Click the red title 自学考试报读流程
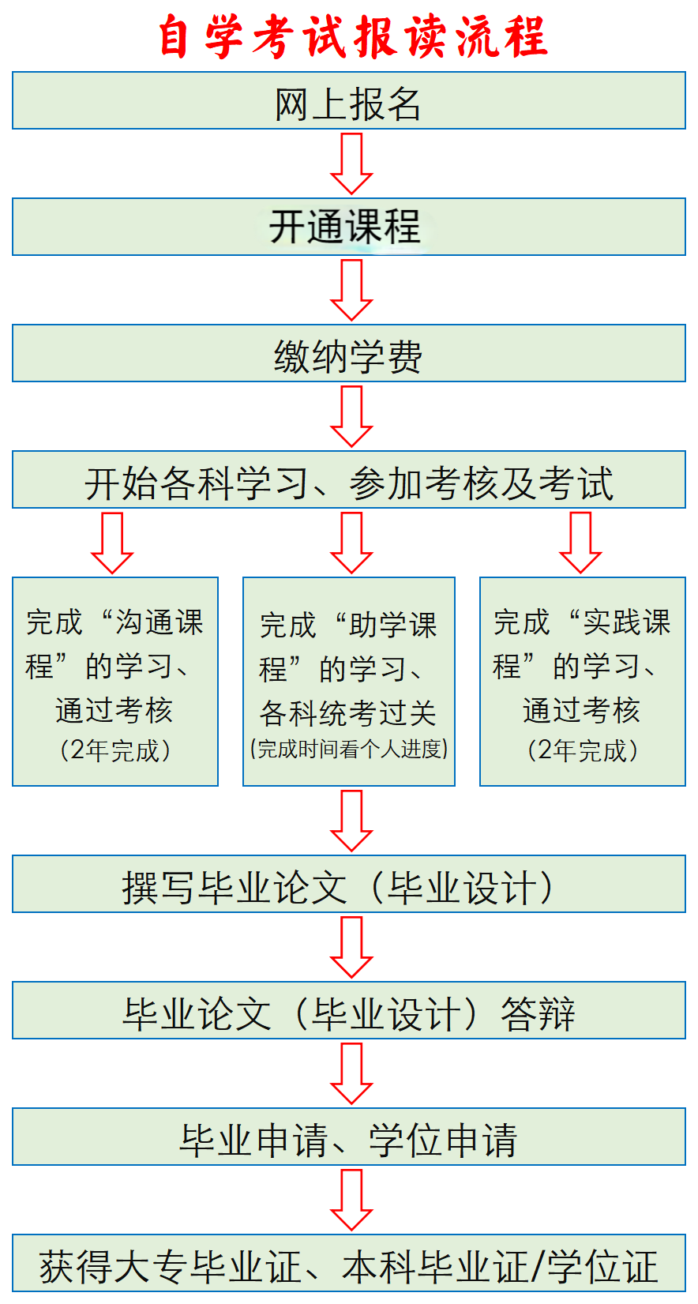(352, 36)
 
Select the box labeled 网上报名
(348, 101)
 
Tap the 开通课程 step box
(348, 227)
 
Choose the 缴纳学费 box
(348, 354)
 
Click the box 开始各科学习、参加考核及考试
(348, 480)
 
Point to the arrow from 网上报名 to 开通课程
(351, 163)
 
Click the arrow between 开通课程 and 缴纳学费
(351, 289)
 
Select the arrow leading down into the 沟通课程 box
(112, 542)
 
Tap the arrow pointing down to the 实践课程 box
(580, 542)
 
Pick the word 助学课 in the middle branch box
(392, 626)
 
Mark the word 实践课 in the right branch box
(626, 622)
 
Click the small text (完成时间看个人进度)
(349, 749)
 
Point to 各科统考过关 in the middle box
(348, 713)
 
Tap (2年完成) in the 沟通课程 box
(115, 750)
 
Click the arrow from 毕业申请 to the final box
(351, 1199)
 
